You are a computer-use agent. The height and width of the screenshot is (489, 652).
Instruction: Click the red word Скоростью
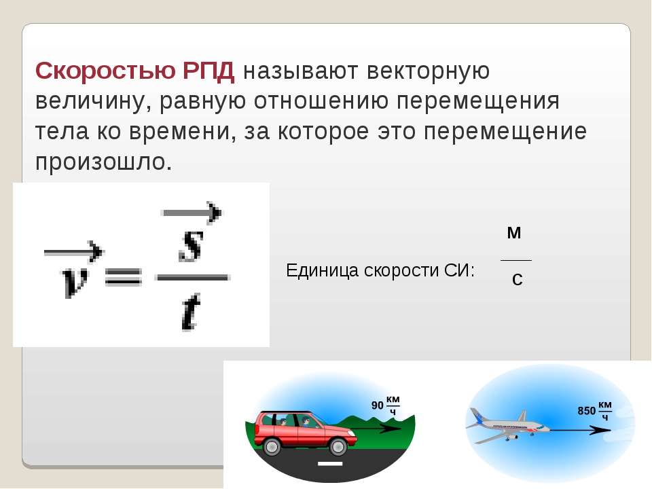click(x=106, y=71)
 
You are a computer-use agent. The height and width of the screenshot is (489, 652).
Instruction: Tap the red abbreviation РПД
click(x=209, y=71)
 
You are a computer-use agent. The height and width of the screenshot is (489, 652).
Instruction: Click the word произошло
click(x=103, y=162)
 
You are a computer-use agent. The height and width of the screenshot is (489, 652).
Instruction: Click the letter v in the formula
click(x=75, y=283)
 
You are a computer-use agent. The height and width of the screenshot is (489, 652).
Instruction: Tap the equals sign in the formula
click(x=124, y=276)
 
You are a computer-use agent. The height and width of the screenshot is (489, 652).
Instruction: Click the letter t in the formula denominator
click(x=192, y=312)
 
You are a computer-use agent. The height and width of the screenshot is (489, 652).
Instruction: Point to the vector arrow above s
click(x=192, y=213)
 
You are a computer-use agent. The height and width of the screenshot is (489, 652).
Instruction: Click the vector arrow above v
click(x=73, y=251)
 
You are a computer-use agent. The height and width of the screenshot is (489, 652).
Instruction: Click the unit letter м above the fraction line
click(x=514, y=233)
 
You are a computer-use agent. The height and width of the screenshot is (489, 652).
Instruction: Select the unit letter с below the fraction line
click(x=518, y=279)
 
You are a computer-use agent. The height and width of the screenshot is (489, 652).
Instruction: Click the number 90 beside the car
click(x=377, y=405)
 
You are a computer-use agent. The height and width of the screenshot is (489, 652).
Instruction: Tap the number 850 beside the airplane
click(x=586, y=411)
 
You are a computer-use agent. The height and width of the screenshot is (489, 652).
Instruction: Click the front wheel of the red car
click(x=338, y=447)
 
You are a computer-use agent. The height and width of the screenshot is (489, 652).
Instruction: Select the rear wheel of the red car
click(x=272, y=447)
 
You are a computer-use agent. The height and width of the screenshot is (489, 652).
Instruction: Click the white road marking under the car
click(x=330, y=463)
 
